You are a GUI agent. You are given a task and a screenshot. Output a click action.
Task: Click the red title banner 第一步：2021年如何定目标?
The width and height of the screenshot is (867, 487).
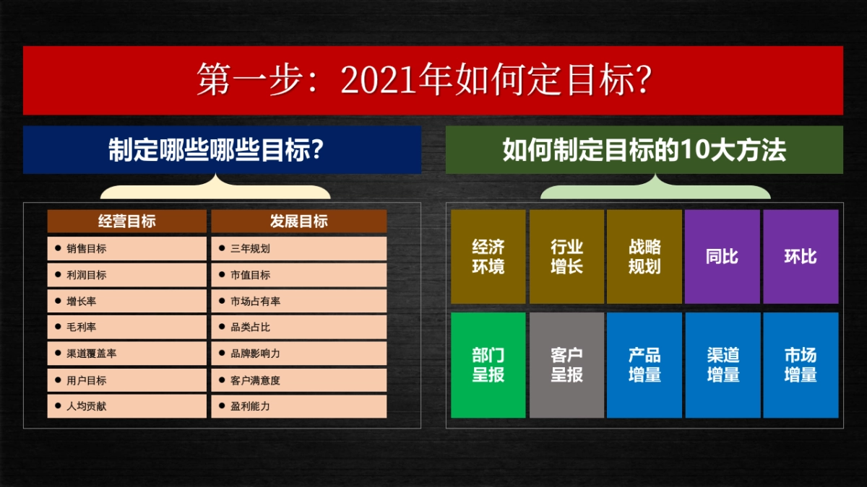pos(433,80)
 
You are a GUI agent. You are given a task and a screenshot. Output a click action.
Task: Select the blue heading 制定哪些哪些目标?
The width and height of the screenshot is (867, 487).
pos(222,150)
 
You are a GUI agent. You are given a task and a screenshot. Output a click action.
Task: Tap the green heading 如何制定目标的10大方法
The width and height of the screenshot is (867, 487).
pos(644,150)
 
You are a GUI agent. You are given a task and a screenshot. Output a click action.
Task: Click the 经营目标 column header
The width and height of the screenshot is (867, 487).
pos(127,221)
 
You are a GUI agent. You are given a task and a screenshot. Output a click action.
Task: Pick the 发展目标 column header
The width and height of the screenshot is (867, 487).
pos(299,221)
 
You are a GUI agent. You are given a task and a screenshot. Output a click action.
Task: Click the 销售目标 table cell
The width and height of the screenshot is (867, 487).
pos(127,249)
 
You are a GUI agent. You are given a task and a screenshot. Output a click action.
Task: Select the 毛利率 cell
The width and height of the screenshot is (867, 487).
pos(127,328)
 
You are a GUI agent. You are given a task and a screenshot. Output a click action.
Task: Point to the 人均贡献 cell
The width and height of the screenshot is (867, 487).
pos(127,406)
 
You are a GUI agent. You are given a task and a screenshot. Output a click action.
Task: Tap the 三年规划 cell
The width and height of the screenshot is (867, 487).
pos(299,249)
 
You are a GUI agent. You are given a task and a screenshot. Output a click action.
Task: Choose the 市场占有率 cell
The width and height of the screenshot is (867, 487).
pos(299,302)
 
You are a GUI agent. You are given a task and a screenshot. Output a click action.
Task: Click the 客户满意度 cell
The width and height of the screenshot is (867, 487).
pos(299,380)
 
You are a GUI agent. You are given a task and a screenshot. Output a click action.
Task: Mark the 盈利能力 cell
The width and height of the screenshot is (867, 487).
pos(299,406)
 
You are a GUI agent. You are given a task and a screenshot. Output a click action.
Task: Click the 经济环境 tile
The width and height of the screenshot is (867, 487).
pos(488,257)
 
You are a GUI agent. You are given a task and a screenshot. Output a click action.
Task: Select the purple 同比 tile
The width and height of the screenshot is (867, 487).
pos(722,257)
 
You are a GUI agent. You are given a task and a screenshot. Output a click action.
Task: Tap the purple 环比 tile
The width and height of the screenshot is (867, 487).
pos(801,257)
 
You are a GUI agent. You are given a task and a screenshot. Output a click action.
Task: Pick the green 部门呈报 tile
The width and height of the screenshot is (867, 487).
pos(488,365)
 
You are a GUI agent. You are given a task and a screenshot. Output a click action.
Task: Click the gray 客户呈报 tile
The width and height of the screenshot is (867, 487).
pos(566,365)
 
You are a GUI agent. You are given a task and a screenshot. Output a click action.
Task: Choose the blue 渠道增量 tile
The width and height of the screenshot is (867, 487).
pos(722,365)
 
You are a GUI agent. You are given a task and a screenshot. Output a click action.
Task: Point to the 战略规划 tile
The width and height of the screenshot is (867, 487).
pos(644,257)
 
